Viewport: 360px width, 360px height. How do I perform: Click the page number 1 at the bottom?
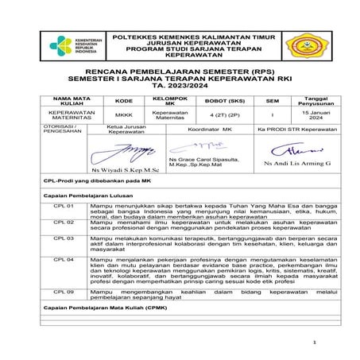pos(315,343)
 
